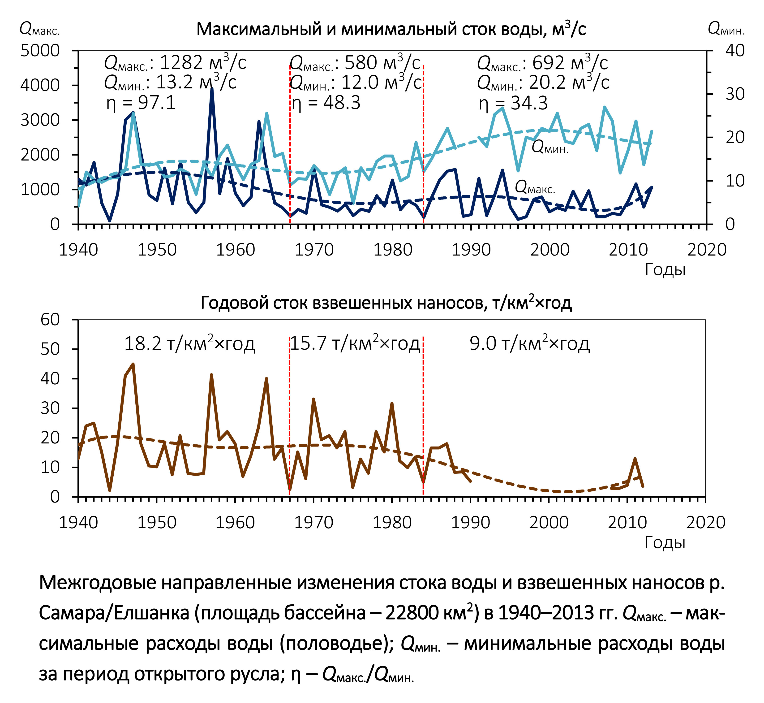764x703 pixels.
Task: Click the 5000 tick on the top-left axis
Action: point(40,51)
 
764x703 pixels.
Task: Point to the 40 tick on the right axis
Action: point(735,51)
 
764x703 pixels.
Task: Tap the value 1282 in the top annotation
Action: point(181,62)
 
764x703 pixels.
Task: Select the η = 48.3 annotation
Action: point(326,103)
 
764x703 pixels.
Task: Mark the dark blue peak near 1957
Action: point(212,89)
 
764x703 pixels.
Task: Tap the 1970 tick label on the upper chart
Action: point(314,250)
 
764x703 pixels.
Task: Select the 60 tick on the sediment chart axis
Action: point(50,320)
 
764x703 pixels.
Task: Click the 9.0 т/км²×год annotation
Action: point(529,343)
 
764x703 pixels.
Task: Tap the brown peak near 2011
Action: point(635,459)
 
